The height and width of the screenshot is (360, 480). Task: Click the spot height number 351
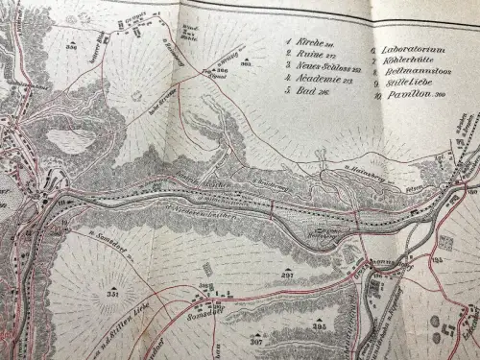point(112,296)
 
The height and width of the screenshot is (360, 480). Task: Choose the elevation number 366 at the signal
point(220,70)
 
